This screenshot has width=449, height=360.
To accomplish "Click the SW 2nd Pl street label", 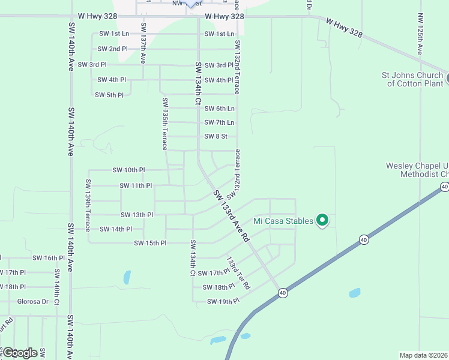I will (x=113, y=49).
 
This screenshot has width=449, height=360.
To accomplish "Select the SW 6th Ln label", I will (x=219, y=109).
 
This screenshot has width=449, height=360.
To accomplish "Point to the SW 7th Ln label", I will (x=219, y=122).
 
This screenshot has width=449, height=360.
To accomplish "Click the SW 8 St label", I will (x=215, y=136).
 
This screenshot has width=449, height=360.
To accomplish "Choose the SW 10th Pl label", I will (x=128, y=170).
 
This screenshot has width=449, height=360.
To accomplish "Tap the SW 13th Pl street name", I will (x=137, y=215).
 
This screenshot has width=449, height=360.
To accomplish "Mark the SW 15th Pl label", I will (x=149, y=243).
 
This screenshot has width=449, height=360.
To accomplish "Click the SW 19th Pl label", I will (x=223, y=301).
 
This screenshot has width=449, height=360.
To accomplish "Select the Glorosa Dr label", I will (x=33, y=301).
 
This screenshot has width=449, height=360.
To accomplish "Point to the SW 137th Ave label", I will (x=143, y=43).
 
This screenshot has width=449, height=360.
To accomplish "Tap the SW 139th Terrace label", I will (x=88, y=206).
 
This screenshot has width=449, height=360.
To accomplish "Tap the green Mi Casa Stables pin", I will (x=322, y=221).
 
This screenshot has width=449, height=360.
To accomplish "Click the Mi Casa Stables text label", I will (x=283, y=221).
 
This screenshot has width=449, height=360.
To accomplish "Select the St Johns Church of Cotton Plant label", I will (x=412, y=79).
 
